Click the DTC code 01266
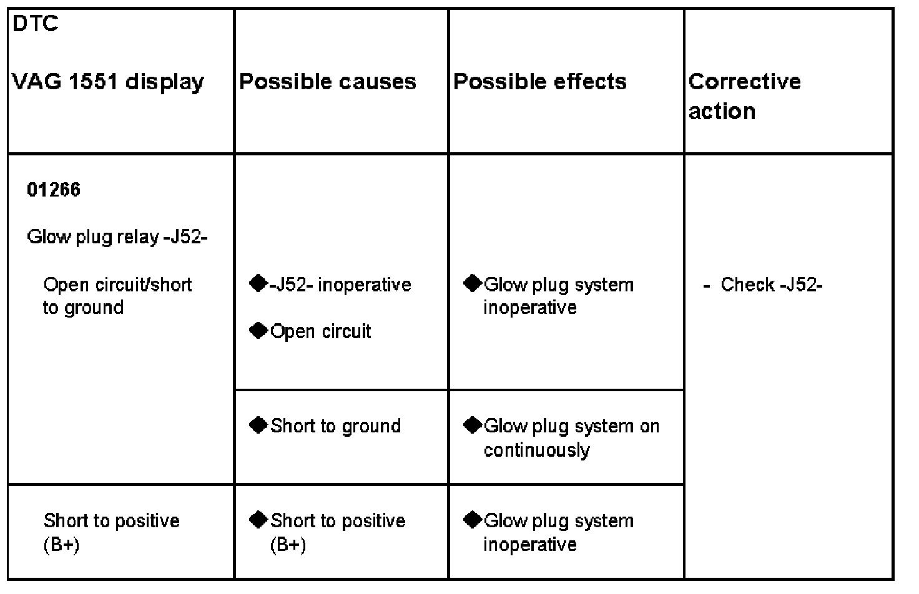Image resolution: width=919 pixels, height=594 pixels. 54,190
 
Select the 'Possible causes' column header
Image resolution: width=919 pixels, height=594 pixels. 328,82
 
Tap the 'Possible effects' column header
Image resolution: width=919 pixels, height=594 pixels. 540,82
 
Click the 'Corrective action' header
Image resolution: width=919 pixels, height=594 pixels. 744,96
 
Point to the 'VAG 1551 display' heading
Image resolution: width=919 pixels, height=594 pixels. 108,82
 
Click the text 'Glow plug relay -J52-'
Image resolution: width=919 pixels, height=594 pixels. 117,237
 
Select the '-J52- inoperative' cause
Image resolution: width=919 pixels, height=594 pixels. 340,285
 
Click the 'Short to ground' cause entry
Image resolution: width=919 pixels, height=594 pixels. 335,426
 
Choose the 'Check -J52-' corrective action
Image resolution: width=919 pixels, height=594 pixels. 771,285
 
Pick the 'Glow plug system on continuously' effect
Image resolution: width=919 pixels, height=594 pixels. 571,437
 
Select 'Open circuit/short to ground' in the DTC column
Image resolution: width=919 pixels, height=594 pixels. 117,296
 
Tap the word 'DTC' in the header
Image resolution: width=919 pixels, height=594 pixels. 35,24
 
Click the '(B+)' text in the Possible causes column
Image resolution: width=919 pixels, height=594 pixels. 288,545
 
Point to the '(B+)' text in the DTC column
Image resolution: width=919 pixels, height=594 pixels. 61,545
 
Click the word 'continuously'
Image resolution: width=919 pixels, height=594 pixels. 536,450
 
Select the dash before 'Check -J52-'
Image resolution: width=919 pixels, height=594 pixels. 707,285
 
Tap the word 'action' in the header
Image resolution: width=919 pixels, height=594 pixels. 722,111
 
